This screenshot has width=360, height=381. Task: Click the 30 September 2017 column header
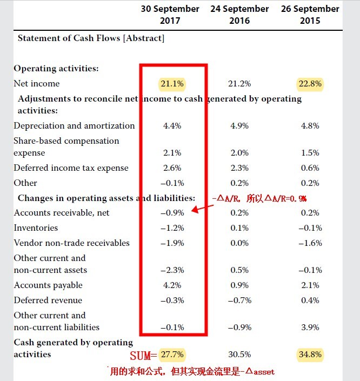(170, 15)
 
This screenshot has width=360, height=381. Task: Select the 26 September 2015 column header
(310, 15)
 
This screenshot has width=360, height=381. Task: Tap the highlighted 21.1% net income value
(172, 84)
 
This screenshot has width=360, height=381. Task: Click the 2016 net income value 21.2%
(239, 84)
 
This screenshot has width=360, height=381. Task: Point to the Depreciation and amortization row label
(74, 126)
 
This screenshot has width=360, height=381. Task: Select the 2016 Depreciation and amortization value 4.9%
(239, 126)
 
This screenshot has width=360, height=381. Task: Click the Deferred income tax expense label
(71, 168)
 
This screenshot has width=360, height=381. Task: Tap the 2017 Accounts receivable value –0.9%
(172, 213)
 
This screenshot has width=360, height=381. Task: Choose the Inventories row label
(36, 228)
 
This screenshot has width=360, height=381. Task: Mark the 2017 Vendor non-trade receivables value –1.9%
(172, 243)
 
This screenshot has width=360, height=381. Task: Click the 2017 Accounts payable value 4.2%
(172, 285)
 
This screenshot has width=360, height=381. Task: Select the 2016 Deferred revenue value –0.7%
(239, 300)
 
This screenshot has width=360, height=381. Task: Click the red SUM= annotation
(143, 356)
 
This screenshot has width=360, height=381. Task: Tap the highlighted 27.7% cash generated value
(172, 355)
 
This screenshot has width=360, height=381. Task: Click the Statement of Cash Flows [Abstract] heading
(91, 38)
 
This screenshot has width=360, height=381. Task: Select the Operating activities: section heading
(56, 69)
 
